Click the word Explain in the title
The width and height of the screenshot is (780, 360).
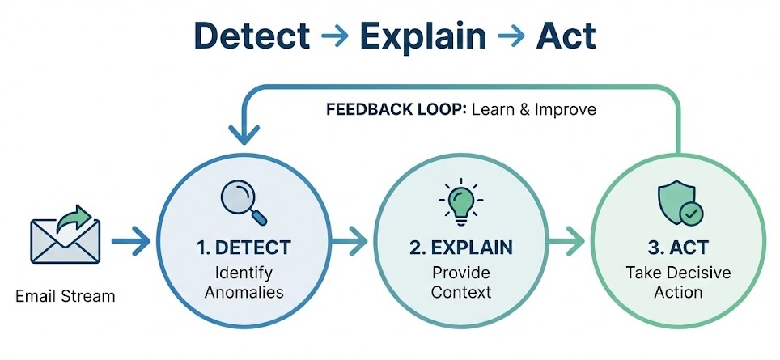coord(423,36)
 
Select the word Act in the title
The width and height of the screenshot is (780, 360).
coord(566,36)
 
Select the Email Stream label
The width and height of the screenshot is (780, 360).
coord(66,296)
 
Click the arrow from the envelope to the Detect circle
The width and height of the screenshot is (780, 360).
coord(131,240)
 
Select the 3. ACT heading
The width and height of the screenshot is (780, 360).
coord(678,246)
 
